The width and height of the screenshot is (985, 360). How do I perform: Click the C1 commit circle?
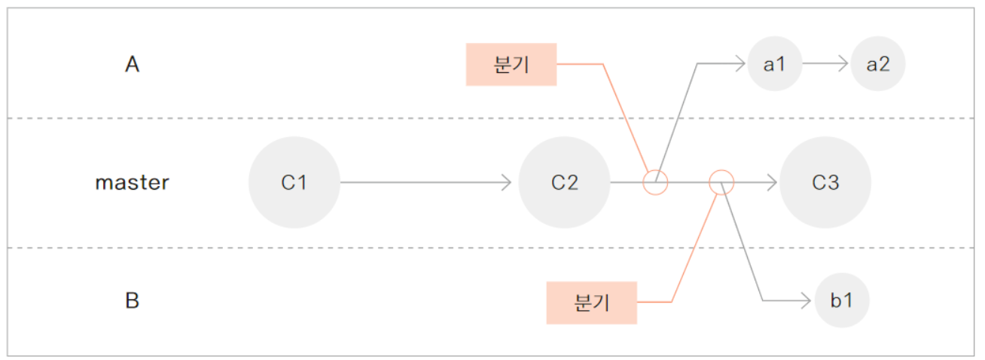[x=294, y=182]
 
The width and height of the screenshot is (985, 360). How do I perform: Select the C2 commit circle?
[x=564, y=182]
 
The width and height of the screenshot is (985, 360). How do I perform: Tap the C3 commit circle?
[x=825, y=182]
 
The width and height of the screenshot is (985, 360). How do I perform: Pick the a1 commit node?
[x=775, y=64]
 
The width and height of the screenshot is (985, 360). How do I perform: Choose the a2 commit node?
[x=878, y=64]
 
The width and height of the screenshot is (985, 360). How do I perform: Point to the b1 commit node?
[x=842, y=301]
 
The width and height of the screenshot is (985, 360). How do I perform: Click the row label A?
[x=133, y=65]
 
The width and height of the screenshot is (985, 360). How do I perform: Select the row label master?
[x=133, y=182]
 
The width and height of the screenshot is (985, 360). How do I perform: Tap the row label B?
[x=133, y=301]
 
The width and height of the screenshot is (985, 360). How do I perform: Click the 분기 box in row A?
[x=511, y=64]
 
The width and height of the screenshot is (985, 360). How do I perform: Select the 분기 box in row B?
[x=592, y=302]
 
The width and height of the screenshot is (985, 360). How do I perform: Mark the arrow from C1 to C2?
[x=425, y=182]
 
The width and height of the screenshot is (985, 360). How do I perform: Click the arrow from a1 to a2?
[x=826, y=64]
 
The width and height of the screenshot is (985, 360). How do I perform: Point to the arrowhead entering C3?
[x=772, y=182]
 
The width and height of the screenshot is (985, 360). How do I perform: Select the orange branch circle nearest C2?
[x=655, y=182]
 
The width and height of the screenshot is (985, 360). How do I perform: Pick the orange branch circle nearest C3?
[x=721, y=182]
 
